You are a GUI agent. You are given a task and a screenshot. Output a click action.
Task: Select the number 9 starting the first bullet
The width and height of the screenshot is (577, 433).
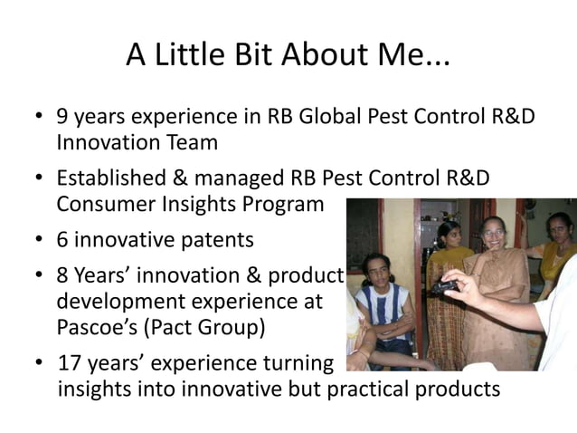(x=63, y=118)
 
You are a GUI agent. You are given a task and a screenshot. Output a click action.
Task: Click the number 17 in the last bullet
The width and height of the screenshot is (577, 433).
(x=69, y=364)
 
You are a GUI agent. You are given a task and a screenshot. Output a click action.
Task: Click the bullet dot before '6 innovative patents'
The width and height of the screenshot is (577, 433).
(x=40, y=241)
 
